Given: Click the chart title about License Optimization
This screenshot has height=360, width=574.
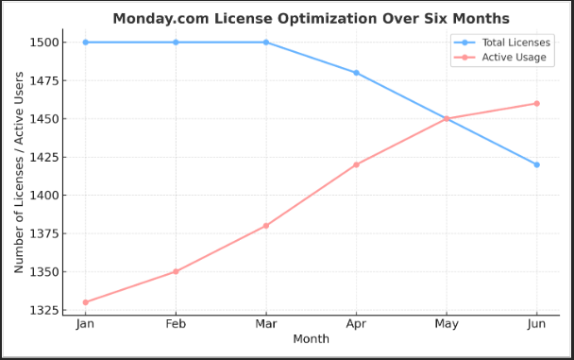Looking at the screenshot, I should (311, 19).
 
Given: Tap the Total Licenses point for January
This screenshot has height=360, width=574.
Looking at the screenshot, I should (84, 43).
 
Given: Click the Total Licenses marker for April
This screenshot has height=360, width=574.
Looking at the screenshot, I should (356, 73).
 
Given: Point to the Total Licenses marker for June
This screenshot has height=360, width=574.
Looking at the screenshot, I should (536, 164).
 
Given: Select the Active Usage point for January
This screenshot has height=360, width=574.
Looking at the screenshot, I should (84, 302).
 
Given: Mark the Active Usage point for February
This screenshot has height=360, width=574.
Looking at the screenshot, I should (175, 272).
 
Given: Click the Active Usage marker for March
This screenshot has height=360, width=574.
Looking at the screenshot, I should (265, 226).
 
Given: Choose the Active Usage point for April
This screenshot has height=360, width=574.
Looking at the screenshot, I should (356, 164).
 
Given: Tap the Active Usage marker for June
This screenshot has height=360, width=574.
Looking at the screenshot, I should (536, 103).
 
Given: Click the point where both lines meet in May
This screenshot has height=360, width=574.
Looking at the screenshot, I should (447, 119).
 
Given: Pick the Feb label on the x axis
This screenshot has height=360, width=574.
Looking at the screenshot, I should (175, 324).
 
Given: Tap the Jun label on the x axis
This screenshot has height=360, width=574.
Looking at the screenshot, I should (536, 324).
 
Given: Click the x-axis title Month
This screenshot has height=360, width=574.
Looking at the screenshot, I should (311, 338).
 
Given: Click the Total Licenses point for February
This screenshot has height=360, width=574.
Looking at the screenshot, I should (175, 43).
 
